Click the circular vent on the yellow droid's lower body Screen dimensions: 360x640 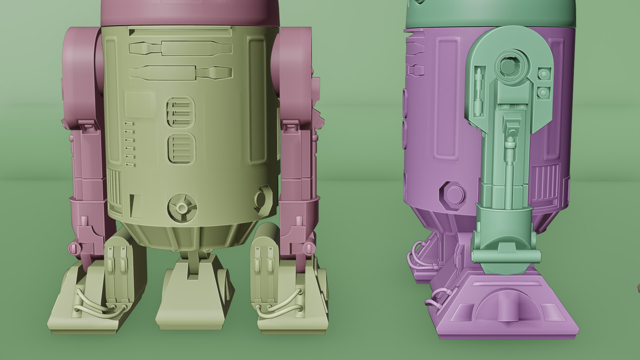coord(182,208)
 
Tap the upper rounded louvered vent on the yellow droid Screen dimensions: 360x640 coord(180,112)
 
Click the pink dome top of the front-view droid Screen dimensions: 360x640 coord(191,12)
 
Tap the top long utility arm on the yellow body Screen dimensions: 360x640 coord(180,49)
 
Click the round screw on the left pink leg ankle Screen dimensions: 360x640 coord(75,248)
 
